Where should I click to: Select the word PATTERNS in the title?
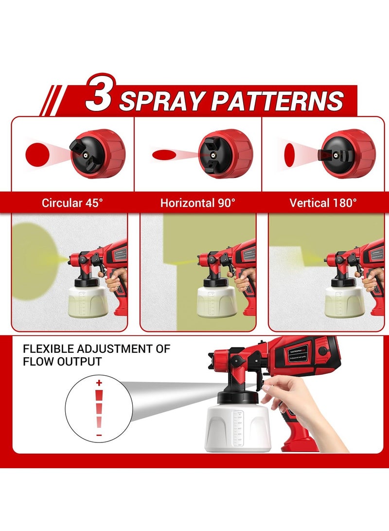(x=277, y=101)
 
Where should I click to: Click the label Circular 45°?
(x=72, y=203)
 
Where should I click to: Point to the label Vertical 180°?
(x=323, y=203)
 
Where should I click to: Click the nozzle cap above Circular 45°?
(x=98, y=154)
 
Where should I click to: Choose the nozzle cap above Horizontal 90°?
(x=225, y=153)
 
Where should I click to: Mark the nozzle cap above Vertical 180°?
(x=348, y=154)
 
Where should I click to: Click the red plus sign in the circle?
(x=99, y=384)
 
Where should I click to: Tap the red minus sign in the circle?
(x=99, y=435)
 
